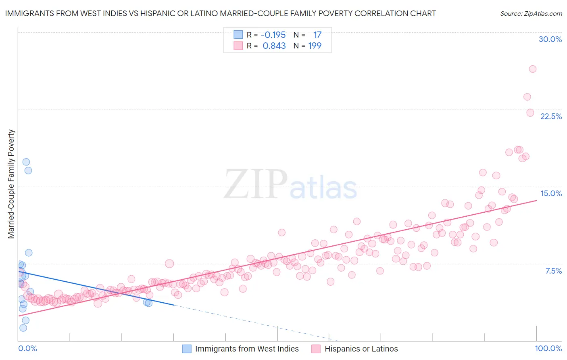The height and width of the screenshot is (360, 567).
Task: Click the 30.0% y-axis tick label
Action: pos(550,39)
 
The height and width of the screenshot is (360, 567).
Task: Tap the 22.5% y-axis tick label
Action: pos(551,116)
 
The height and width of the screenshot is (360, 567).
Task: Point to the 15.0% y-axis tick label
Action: pos(551,193)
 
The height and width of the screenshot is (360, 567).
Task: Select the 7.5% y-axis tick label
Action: pos(553,271)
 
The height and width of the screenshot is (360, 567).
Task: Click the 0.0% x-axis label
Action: pos(27,348)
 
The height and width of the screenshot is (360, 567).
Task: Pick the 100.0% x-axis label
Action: pos(548,348)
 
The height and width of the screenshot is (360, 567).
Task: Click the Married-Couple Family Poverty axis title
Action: pos(11,184)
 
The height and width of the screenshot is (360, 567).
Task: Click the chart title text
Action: pos(220,13)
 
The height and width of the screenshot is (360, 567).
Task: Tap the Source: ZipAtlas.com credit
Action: pos(531,13)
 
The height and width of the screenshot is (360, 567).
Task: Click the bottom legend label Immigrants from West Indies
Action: pos(247,349)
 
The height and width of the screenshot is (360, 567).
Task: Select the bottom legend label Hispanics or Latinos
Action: pos(361,349)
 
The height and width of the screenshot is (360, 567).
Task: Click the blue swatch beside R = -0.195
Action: pos(238,35)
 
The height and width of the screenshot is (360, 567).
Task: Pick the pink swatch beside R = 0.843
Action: pos(238,46)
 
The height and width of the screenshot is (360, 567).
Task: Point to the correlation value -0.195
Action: pos(273,35)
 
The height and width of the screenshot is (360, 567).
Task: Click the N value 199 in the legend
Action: pos(315,46)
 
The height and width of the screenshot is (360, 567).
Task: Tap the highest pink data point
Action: pos(532,69)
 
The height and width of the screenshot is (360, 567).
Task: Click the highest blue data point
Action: pos(26,162)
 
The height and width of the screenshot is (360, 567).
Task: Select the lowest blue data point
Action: pos(23,328)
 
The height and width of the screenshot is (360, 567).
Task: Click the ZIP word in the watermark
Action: pos(255,184)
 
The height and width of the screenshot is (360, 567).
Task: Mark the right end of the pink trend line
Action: pos(536,200)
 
